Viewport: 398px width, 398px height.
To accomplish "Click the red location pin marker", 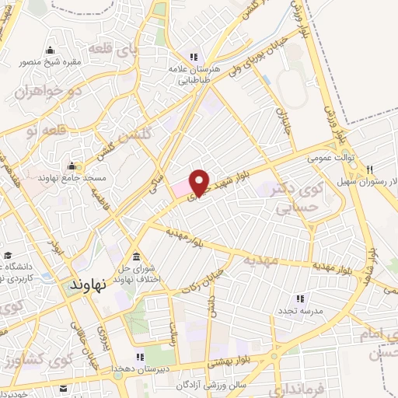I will coord(200,182).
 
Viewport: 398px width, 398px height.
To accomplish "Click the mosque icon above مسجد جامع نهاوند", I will coord(72,166).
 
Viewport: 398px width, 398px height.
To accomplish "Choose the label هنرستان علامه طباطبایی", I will coord(192,73).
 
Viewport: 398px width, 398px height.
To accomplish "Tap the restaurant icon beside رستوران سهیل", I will coord(370,169).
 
